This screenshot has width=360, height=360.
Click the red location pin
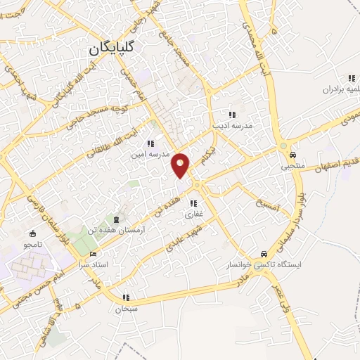tap(181, 164)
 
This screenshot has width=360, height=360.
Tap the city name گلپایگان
tap(115, 49)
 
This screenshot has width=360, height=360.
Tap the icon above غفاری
tap(194, 204)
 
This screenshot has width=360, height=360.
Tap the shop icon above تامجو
tap(32, 234)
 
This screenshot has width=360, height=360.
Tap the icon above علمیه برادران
tap(350, 79)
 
